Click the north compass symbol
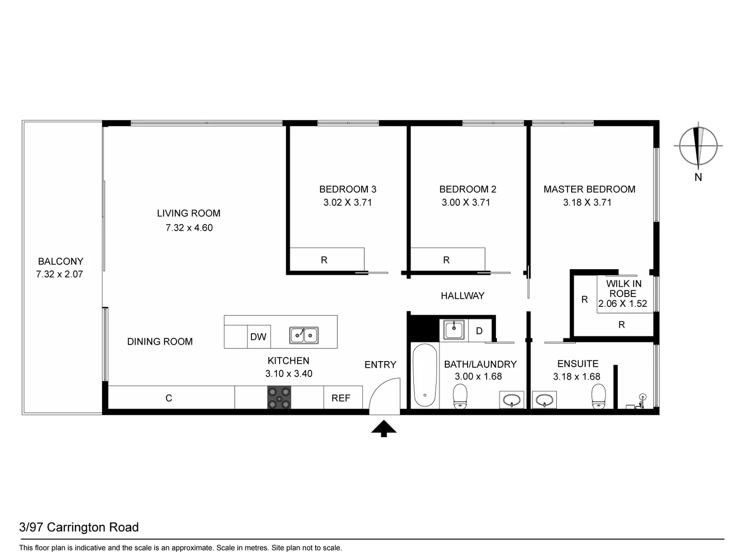pyautogui.click(x=698, y=146)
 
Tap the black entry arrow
pyautogui.click(x=383, y=429)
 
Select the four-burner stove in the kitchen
pyautogui.click(x=279, y=398)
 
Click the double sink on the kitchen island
pyautogui.click(x=303, y=335)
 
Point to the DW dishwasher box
pyautogui.click(x=258, y=337)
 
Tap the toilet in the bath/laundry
pyautogui.click(x=460, y=397)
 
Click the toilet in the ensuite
pyautogui.click(x=598, y=398)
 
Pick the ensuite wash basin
pyautogui.click(x=544, y=400)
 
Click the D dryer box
pyautogui.click(x=479, y=331)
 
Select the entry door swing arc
pyautogui.click(x=386, y=395)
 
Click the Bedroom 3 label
pyautogui.click(x=347, y=189)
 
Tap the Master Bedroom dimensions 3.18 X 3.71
pyautogui.click(x=587, y=203)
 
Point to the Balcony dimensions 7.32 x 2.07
pyautogui.click(x=59, y=274)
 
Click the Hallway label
pyautogui.click(x=462, y=296)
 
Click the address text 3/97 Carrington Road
pyautogui.click(x=79, y=527)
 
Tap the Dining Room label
pyautogui.click(x=160, y=341)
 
